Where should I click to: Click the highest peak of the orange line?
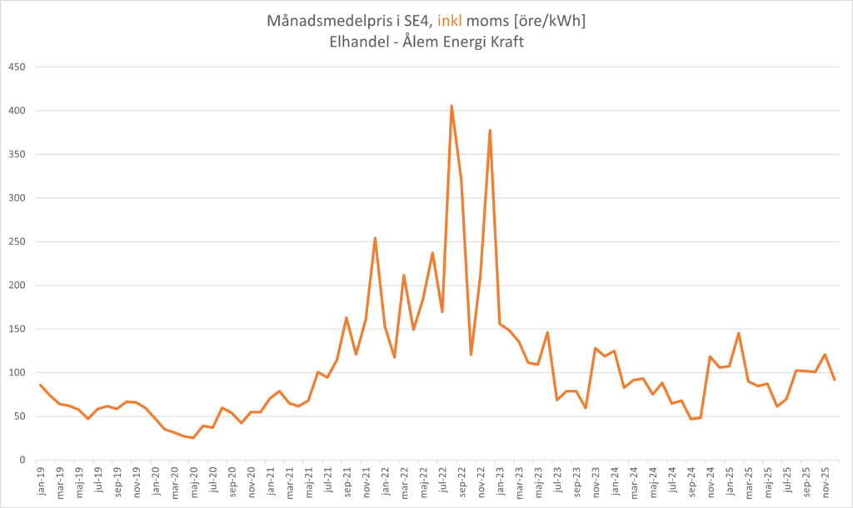(x=451, y=106)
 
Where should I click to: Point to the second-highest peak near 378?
(x=490, y=130)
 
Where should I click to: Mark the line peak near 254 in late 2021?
(x=375, y=238)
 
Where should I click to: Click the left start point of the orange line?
(x=40, y=385)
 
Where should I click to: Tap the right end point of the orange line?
(x=835, y=380)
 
